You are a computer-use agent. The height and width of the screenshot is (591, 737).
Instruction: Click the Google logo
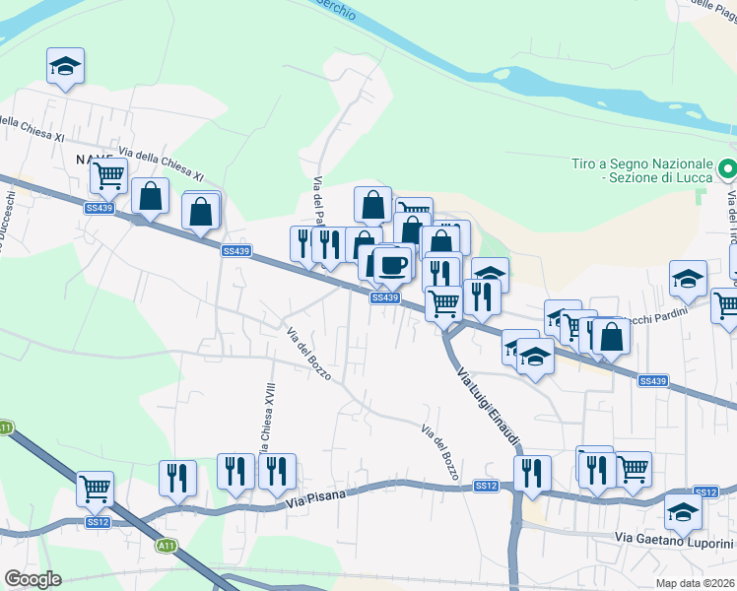33,579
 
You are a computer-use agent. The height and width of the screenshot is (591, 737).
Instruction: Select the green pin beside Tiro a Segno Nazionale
727,169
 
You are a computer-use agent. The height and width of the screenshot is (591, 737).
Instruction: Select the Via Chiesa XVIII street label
267,420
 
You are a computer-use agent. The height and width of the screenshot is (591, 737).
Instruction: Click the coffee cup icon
393,264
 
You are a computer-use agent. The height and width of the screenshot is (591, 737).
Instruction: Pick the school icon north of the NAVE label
65,66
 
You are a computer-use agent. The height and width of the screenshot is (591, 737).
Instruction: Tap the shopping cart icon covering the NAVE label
108,175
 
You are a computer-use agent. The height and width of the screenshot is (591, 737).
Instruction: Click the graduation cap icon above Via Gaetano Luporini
682,511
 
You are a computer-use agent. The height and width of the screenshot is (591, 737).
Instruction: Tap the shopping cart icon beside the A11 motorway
95,487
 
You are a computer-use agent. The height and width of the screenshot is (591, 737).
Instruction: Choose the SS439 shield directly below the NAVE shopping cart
100,208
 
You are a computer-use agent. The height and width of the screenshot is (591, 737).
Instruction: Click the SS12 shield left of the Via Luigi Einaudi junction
486,486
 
